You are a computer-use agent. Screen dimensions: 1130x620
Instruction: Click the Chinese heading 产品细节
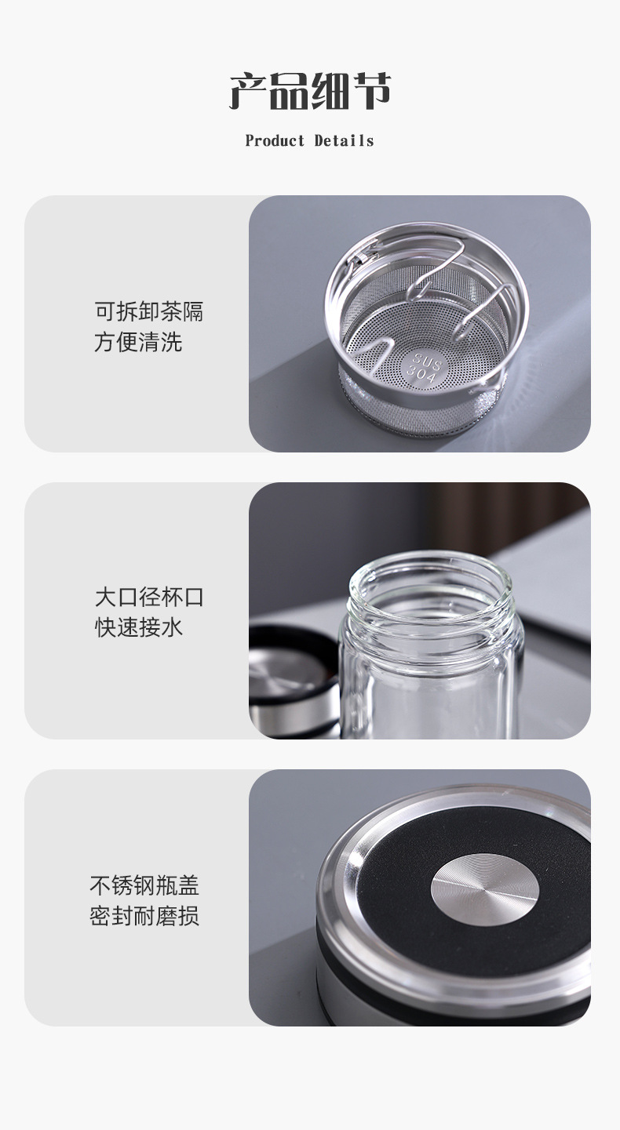pos(310,93)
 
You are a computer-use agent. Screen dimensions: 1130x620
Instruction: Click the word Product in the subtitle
pos(275,141)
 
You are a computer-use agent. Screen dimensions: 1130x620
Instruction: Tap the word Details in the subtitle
pos(345,141)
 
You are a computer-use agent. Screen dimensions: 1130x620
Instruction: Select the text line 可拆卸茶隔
pos(149,311)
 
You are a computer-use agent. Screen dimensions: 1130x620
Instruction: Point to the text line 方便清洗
pos(138,342)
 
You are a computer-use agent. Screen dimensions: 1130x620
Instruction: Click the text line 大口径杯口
pos(149,597)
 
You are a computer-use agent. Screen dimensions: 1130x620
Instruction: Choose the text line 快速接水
pos(138,627)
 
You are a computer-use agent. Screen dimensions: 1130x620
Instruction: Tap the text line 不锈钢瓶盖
pos(144,885)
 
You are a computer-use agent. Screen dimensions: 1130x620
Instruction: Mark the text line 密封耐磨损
pos(144,916)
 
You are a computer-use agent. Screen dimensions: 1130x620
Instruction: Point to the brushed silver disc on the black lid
pos(484,889)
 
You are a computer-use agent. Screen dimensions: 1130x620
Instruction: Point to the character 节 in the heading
pos(371,93)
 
